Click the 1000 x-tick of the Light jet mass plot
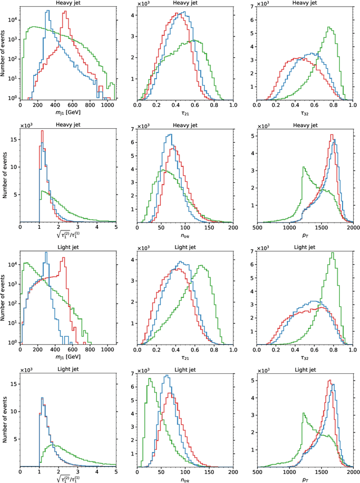pyautogui.click(x=107, y=350)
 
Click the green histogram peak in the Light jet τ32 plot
pyautogui.click(x=332, y=253)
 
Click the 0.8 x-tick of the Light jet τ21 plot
pyautogui.click(x=214, y=350)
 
